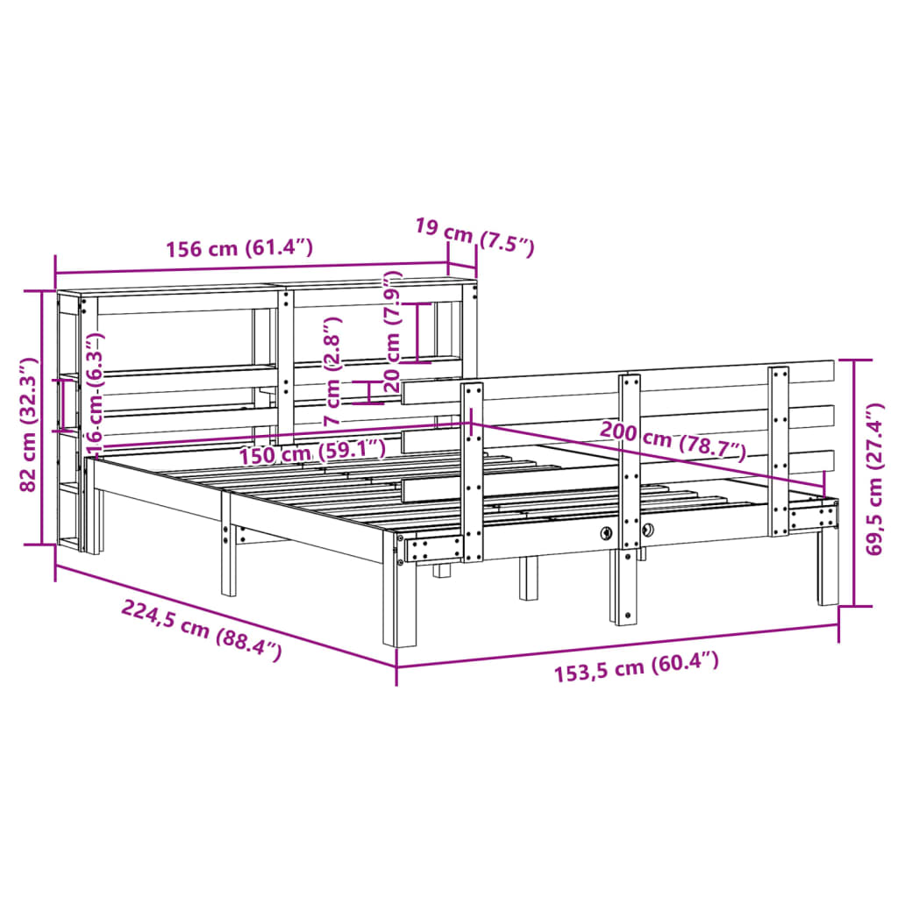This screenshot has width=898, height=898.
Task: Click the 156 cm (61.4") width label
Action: pos(239,248)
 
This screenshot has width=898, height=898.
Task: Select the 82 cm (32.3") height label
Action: pos(29,424)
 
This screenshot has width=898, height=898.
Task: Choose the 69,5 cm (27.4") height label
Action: pos(873,480)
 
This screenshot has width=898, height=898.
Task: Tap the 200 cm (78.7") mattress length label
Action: pos(673,440)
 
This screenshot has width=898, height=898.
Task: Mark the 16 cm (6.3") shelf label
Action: pos(96,392)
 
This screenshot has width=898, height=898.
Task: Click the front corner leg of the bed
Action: pos(404,605)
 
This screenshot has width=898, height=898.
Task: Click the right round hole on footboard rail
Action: pos(649,529)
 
